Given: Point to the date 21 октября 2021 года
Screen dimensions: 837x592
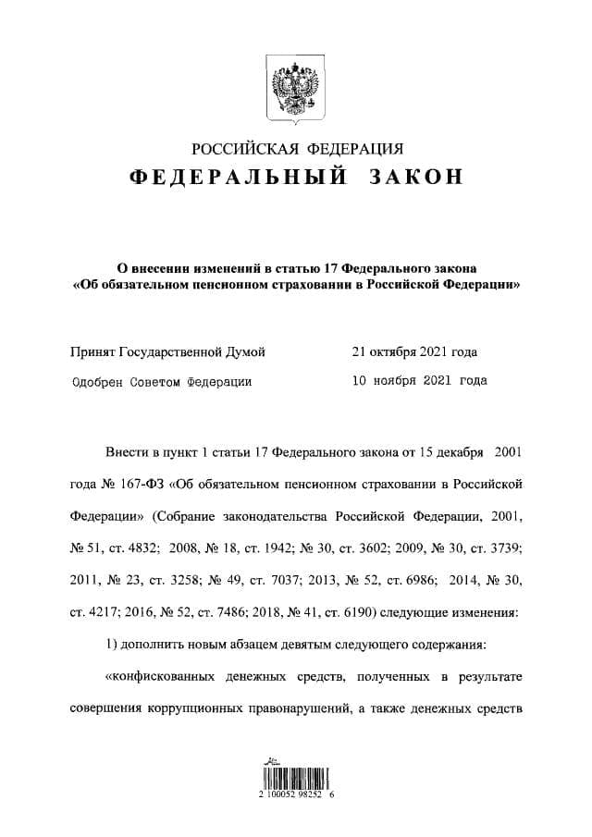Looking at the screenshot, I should pos(414,351).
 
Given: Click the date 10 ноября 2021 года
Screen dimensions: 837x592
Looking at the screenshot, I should pos(419,379).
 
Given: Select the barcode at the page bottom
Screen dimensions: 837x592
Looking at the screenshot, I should pos(296,778).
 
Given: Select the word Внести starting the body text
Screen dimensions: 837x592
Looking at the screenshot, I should pos(125,451).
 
